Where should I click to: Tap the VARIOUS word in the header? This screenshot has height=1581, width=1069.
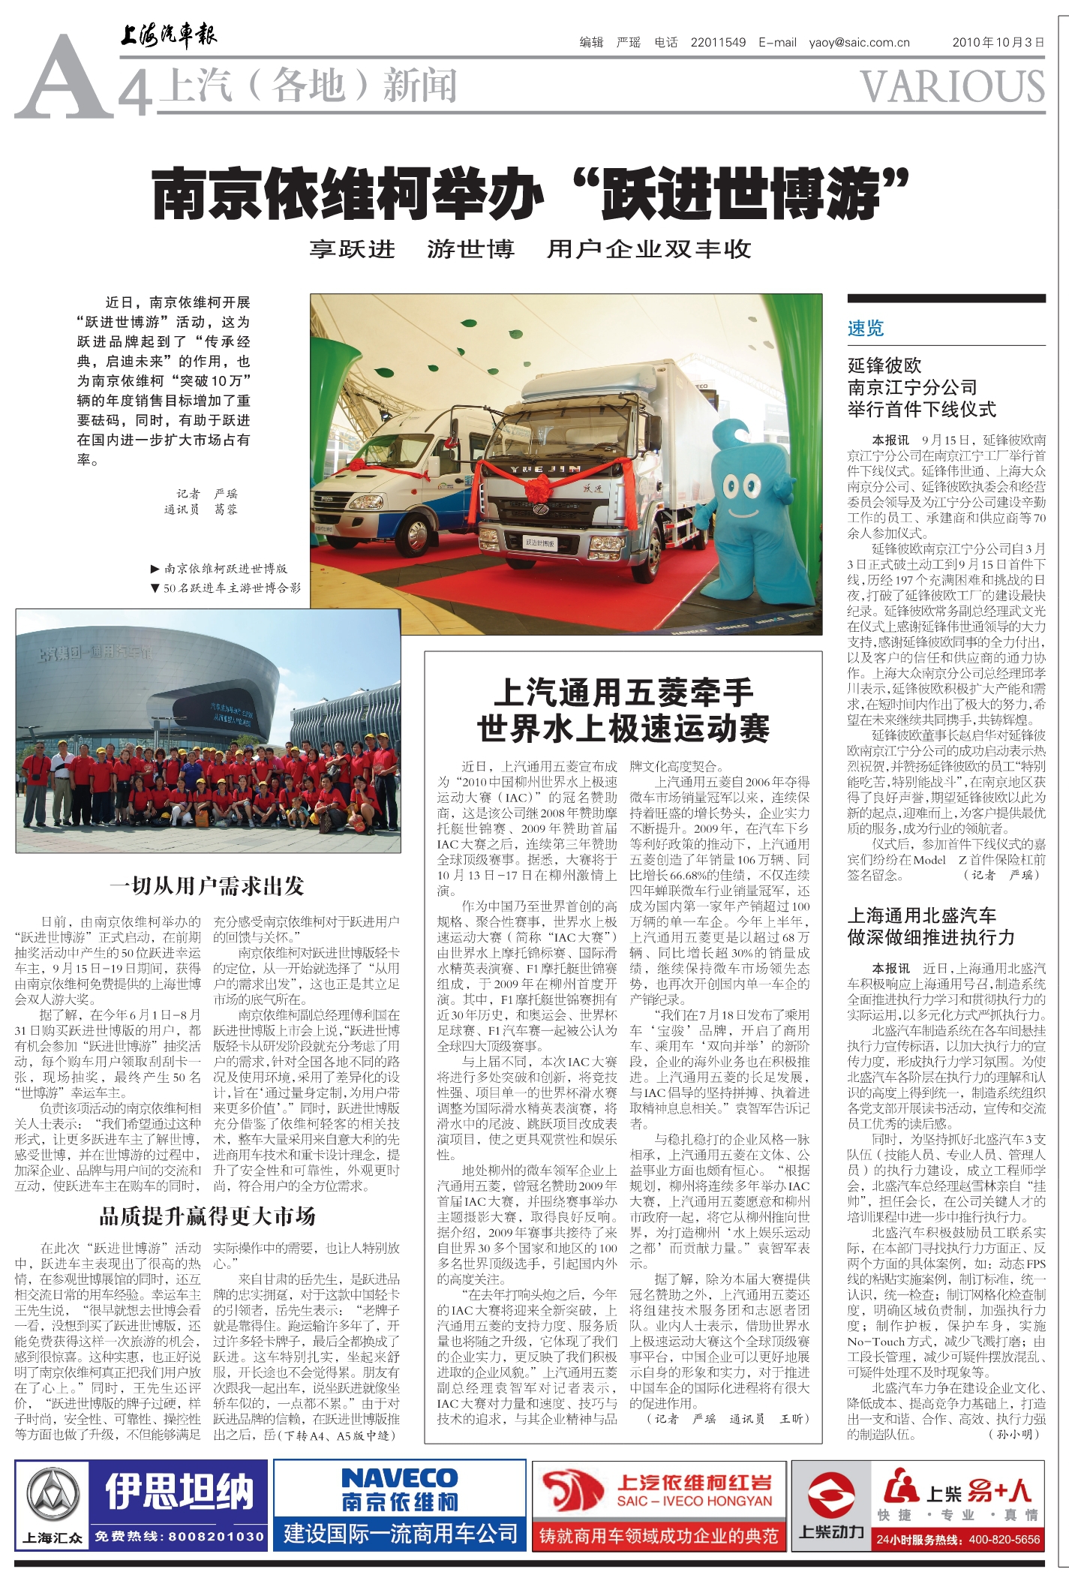[x=952, y=87]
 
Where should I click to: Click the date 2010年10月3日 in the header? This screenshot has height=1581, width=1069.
[x=998, y=43]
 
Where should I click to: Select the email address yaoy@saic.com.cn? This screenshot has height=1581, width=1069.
[x=859, y=43]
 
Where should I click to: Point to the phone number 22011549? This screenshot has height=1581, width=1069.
[x=718, y=43]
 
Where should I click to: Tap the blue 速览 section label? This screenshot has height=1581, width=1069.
[x=866, y=328]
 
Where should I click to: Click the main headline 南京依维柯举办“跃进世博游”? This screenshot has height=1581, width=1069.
[x=530, y=194]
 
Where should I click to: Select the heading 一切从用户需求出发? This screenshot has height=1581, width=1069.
[x=207, y=886]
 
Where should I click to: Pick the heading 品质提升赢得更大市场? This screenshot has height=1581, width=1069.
[x=207, y=1216]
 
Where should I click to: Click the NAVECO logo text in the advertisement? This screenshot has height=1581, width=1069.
[x=399, y=1477]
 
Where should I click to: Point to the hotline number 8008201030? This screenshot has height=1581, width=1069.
[x=216, y=1536]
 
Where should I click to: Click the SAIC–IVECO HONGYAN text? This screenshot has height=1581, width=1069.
[x=694, y=1501]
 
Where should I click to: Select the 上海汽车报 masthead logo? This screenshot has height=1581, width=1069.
[x=169, y=35]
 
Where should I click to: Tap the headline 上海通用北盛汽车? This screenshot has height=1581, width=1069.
[x=921, y=915]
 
